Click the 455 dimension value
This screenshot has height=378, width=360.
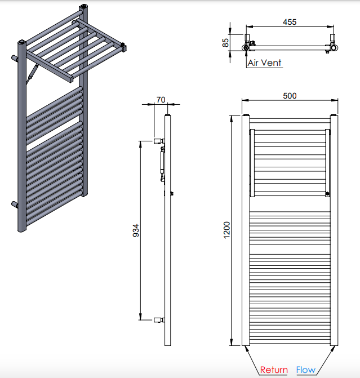click(x=290, y=22)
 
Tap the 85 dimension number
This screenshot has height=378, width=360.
click(x=225, y=43)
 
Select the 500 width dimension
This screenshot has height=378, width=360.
click(x=290, y=96)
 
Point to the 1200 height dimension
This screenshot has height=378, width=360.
click(x=227, y=230)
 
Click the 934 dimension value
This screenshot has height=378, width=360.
click(x=136, y=230)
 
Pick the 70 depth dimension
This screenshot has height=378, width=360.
click(x=161, y=100)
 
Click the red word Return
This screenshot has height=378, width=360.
click(x=274, y=370)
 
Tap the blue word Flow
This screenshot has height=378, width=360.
click(x=306, y=370)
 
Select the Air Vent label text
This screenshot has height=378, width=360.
click(x=265, y=63)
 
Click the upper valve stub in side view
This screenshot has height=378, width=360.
click(x=159, y=141)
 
